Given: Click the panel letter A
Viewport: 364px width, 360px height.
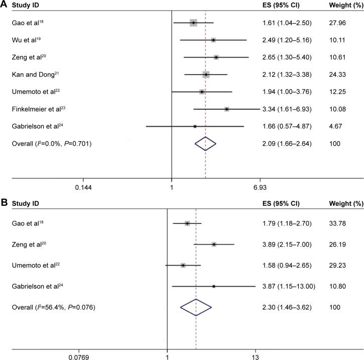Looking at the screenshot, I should [x=4, y=5].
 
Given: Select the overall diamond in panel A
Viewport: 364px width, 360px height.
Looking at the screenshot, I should [x=205, y=144].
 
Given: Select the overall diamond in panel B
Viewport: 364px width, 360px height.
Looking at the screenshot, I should [x=196, y=307].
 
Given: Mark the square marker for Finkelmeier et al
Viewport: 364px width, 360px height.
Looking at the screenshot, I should [x=226, y=109].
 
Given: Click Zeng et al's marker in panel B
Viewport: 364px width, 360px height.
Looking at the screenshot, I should [x=214, y=244].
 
